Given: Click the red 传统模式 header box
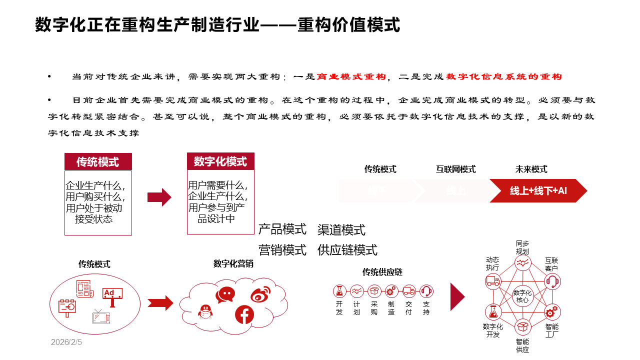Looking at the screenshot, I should tap(98, 161).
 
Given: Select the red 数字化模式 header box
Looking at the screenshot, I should tap(220, 161).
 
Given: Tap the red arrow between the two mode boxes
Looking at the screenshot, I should tap(159, 197).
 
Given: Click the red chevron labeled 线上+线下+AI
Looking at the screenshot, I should tap(538, 190).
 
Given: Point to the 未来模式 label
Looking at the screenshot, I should tap(531, 169).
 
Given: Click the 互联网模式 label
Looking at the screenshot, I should tap(455, 169).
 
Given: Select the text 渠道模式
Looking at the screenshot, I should tap(341, 230).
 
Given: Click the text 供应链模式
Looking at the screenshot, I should tap(347, 250).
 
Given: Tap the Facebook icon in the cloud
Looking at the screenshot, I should tap(244, 314).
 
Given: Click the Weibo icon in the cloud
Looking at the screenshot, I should tap(260, 294).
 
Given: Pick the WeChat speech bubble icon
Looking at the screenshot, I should tap(225, 294).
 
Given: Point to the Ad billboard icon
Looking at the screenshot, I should tap(112, 295).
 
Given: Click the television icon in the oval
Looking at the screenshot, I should tap(101, 316).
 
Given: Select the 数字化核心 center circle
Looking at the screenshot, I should tap(522, 296).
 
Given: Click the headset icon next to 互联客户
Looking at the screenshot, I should tap(552, 281).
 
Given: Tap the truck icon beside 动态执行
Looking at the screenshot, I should tap(493, 281).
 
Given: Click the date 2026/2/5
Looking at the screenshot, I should tap(66, 342).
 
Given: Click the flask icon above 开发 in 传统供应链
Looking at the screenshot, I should tap(340, 290).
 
